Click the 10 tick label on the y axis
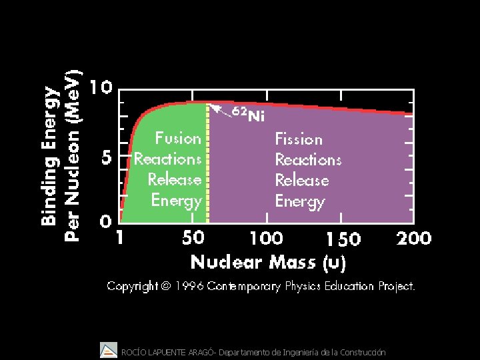[101, 88]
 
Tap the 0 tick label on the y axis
[105, 221]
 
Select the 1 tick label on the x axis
[119, 238]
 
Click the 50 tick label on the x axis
[193, 238]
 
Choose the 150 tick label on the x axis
[343, 239]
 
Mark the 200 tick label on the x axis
[413, 238]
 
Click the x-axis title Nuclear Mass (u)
[268, 262]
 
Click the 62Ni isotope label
[248, 114]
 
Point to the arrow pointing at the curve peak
[221, 110]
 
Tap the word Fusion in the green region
[178, 139]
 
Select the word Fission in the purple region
[299, 139]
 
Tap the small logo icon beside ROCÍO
[108, 349]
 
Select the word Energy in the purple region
[300, 201]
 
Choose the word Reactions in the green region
[167, 159]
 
